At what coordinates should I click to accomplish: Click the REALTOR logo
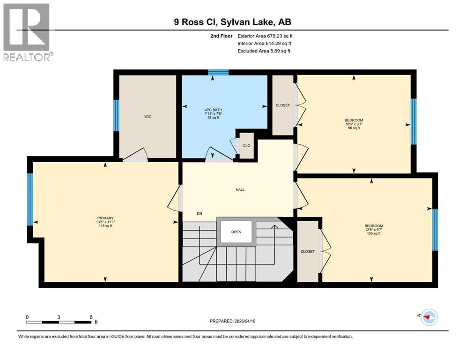pyautogui.click(x=27, y=32)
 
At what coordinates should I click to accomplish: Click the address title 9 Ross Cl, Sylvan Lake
pyautogui.click(x=233, y=22)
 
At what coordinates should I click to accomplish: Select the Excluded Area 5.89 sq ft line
pyautogui.click(x=264, y=51)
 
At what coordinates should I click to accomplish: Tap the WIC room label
pyautogui.click(x=148, y=116)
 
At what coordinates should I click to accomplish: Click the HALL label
pyautogui.click(x=240, y=190)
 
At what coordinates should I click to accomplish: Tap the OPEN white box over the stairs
pyautogui.click(x=236, y=232)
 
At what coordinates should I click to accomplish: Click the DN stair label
pyautogui.click(x=199, y=214)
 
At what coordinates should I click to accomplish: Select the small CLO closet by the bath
pyautogui.click(x=246, y=146)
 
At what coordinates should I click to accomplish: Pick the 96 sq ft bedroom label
pyautogui.click(x=354, y=124)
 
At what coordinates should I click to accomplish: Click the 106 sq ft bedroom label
pyautogui.click(x=374, y=229)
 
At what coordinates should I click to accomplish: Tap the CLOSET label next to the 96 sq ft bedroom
pyautogui.click(x=283, y=105)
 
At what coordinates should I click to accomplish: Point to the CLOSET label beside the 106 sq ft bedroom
pyautogui.click(x=308, y=252)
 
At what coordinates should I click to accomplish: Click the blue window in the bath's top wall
pyautogui.click(x=218, y=72)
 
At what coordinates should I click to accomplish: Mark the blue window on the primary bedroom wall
pyautogui.click(x=30, y=199)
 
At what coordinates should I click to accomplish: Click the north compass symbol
pyautogui.click(x=428, y=317)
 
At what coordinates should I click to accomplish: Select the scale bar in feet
pyautogui.click(x=59, y=322)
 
